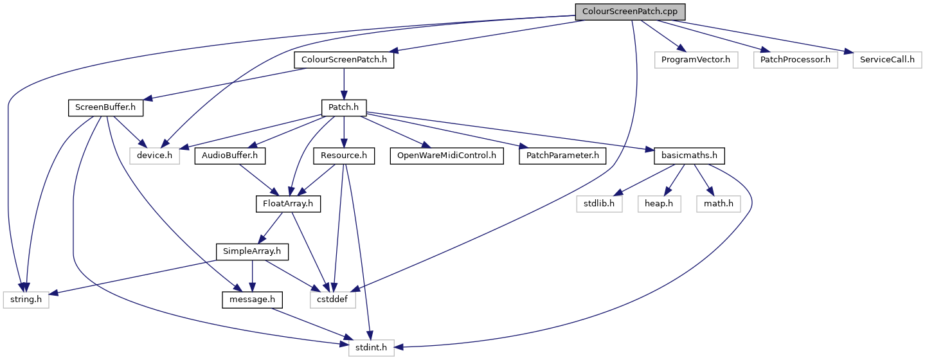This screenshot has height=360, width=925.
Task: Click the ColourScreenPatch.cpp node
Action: (630, 12)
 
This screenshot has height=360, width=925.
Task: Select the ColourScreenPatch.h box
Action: (344, 60)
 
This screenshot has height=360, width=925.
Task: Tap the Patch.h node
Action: (344, 108)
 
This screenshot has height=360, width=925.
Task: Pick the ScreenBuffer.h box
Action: (105, 108)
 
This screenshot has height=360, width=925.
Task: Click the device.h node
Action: (154, 156)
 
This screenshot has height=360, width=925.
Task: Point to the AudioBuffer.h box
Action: (230, 156)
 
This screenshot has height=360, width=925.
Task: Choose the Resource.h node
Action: (344, 156)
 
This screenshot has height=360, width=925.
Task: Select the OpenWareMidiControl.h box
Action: (447, 156)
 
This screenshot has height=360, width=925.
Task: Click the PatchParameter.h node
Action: (562, 156)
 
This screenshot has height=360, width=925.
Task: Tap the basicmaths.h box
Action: (689, 156)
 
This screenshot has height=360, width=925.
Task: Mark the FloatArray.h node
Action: (288, 204)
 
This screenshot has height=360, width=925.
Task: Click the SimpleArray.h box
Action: (252, 252)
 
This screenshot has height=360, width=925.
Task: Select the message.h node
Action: (253, 300)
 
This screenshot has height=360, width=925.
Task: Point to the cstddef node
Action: (333, 300)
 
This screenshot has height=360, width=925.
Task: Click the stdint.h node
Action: (372, 348)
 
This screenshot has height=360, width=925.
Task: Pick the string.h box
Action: (26, 300)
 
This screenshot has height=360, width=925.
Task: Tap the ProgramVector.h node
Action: (696, 60)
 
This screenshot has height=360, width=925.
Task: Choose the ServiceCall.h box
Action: (887, 60)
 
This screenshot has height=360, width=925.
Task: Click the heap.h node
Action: (659, 204)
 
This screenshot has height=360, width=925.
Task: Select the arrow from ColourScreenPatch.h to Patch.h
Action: (344, 84)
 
